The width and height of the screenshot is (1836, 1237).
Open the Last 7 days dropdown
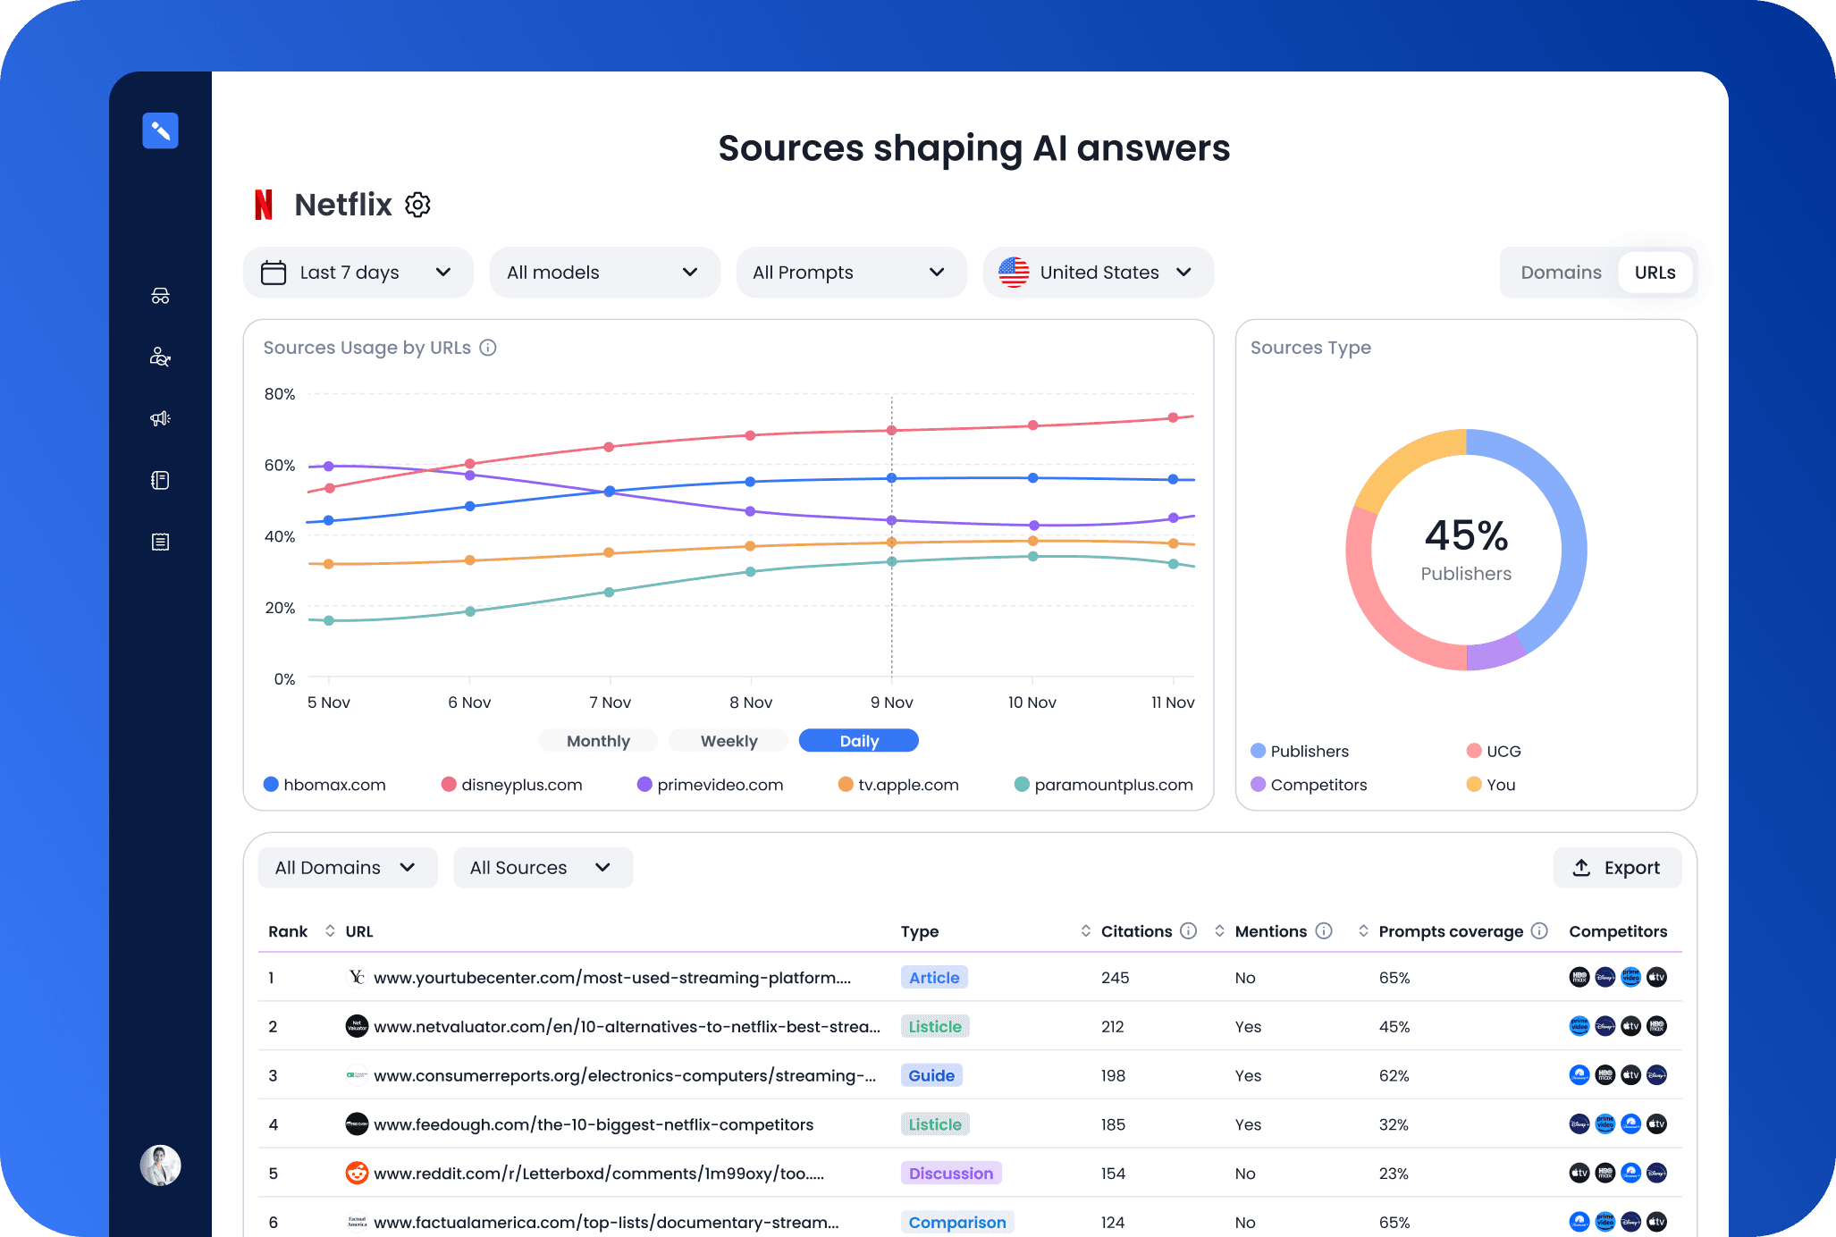(357, 273)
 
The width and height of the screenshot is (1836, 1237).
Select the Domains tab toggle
(1560, 273)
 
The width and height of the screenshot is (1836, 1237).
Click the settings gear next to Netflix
(417, 205)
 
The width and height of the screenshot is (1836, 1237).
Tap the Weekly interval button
(729, 741)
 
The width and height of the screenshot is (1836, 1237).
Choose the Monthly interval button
(598, 741)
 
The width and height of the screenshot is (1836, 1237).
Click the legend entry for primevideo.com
(710, 785)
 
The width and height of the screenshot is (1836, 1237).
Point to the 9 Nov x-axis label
(891, 703)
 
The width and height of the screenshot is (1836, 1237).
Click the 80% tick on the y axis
(279, 394)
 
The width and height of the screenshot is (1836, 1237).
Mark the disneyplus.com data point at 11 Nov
(1173, 417)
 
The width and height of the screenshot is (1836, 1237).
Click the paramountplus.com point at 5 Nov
(329, 620)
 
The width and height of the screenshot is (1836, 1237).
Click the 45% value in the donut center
(1466, 535)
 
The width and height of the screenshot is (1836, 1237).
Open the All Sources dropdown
(542, 868)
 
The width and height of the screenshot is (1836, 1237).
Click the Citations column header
(1135, 931)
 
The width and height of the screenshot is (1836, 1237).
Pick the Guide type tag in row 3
(931, 1075)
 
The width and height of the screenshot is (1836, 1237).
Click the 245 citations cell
(1115, 978)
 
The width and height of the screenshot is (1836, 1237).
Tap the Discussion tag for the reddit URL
(950, 1174)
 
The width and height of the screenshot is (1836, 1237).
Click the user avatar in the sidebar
(161, 1165)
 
